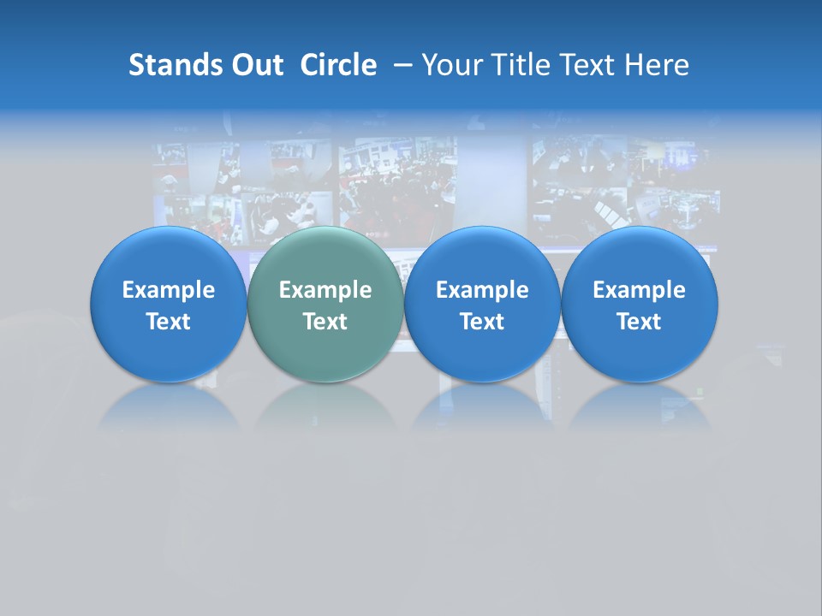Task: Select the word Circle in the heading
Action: tap(338, 65)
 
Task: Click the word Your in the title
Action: tap(450, 65)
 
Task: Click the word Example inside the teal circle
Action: tap(325, 290)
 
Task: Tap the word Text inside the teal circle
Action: tap(325, 322)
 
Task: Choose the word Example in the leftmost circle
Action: tap(169, 290)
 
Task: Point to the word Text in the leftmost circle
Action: tap(169, 322)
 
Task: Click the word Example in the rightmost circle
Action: tap(639, 290)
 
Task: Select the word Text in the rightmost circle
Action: tap(639, 322)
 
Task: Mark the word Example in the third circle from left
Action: tap(482, 290)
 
